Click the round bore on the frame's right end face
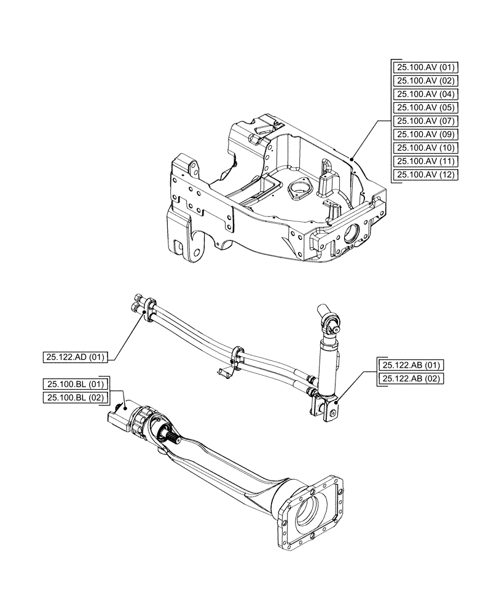(356, 234)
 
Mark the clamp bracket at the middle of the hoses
(235, 357)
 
